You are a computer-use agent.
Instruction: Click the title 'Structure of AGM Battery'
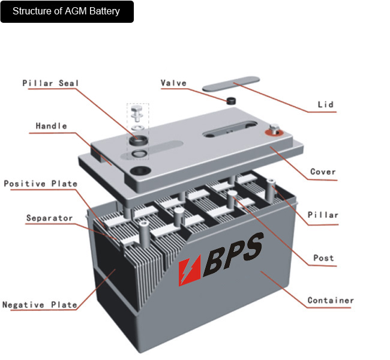66,11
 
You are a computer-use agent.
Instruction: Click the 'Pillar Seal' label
50,83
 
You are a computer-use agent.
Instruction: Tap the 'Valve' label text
173,83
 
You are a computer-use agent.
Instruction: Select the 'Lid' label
325,105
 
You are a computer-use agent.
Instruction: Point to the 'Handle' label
51,126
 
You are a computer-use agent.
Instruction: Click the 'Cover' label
323,172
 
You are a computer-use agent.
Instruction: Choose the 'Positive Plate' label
40,184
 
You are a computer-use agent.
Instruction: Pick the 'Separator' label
49,218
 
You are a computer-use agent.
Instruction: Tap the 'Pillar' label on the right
323,215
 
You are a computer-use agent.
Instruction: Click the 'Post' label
323,258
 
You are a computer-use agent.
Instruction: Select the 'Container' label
331,300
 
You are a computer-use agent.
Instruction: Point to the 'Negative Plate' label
40,305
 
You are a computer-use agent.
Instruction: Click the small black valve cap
230,100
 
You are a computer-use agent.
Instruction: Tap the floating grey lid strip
230,83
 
